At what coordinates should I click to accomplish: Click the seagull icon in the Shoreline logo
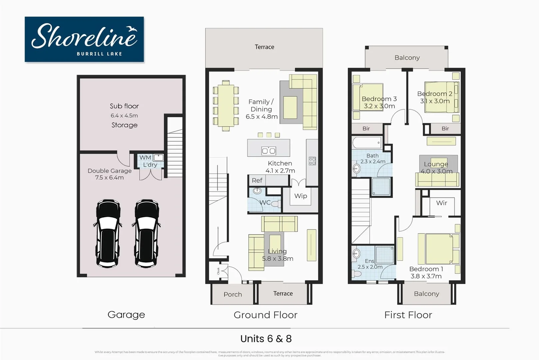[132, 29]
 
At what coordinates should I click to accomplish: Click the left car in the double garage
[108, 233]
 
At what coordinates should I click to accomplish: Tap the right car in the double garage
[147, 233]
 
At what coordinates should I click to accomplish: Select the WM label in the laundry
[145, 157]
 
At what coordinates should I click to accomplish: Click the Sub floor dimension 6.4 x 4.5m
[124, 116]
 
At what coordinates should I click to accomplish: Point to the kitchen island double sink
[269, 151]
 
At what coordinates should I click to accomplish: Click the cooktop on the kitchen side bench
[312, 161]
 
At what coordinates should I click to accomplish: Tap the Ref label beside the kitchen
[257, 180]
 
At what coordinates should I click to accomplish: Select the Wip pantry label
[300, 196]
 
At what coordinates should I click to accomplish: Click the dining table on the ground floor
[226, 105]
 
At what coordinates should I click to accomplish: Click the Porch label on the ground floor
[233, 294]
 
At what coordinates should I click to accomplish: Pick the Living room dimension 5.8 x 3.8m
[277, 259]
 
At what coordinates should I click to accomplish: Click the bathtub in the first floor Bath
[367, 143]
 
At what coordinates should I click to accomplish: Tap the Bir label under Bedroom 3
[366, 129]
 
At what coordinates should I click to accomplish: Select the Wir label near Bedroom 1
[441, 203]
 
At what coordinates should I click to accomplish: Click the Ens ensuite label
[369, 261]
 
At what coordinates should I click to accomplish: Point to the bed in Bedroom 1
[439, 249]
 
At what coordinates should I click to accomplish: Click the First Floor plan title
[408, 315]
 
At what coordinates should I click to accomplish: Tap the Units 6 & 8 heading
[266, 339]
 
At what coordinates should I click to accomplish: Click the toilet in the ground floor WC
[275, 204]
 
